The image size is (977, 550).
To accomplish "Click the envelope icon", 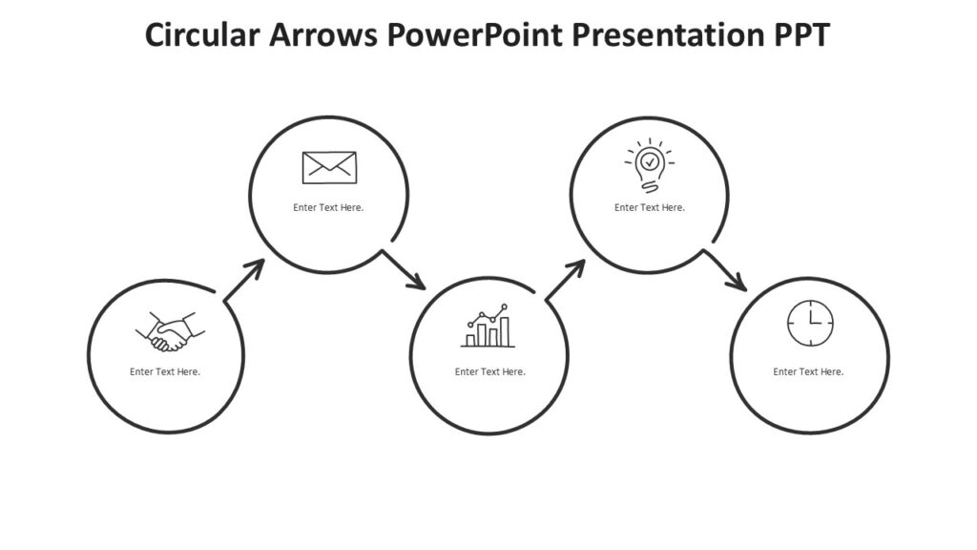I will point(329,167).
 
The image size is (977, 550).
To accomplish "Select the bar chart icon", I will point(488,328).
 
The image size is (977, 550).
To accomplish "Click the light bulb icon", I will point(650,166).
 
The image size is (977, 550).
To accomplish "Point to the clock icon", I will point(810,324).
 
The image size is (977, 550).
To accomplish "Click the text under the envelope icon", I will point(328,207).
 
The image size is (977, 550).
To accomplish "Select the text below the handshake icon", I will point(165,371).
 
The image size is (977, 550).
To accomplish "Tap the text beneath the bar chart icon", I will point(489,371).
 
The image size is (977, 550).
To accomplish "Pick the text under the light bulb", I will point(650,207).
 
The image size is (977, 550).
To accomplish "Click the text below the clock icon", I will point(808,371).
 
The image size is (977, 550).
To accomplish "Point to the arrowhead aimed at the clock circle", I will point(737,282).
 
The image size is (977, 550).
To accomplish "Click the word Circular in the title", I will point(202,35).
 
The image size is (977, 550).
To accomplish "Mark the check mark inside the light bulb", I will point(650,161).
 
